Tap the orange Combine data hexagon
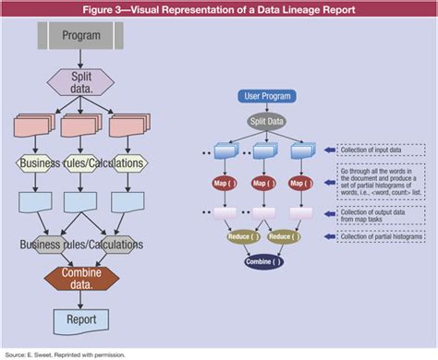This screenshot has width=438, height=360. [x=81, y=278]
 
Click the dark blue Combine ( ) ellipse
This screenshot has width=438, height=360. [x=265, y=261]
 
